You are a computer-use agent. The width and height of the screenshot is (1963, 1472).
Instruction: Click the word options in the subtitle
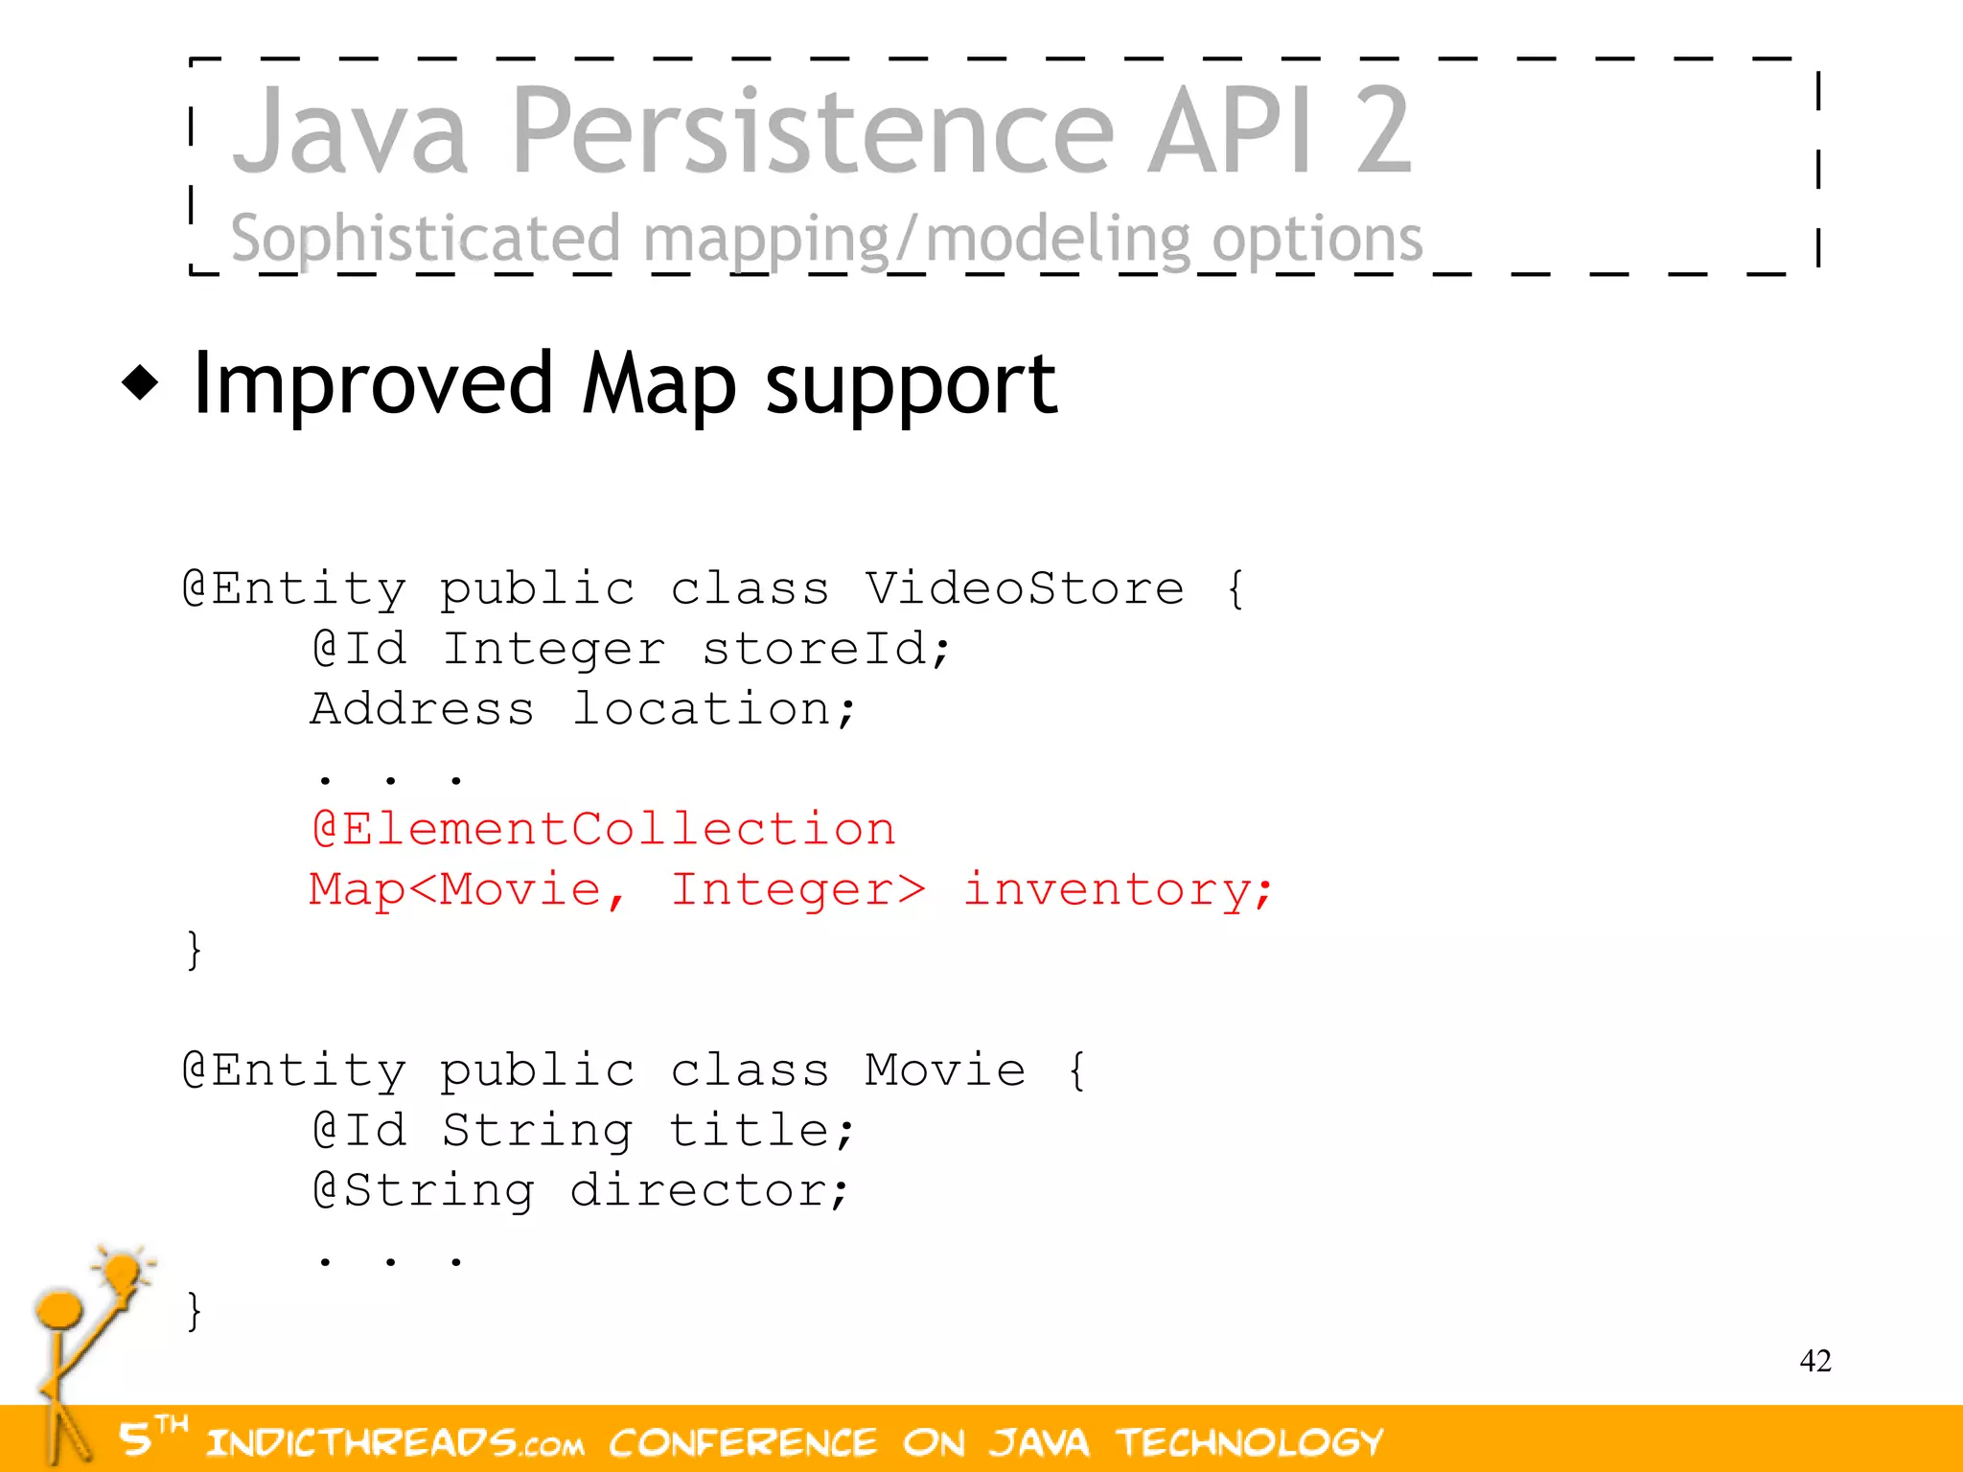pos(1317,240)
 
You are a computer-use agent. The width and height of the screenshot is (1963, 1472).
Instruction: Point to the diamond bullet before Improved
pos(141,383)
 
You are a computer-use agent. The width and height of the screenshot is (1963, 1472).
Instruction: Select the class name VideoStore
pos(1025,588)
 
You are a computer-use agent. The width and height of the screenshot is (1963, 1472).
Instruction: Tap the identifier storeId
pos(825,649)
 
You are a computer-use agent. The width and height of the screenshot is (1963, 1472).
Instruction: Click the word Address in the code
pos(422,709)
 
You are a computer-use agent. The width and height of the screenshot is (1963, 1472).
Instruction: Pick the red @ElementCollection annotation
pos(604,829)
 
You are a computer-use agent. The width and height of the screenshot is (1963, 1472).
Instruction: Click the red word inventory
pos(1117,889)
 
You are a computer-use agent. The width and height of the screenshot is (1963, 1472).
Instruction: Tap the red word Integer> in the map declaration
pos(797,889)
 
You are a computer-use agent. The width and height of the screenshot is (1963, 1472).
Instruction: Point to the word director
pos(708,1190)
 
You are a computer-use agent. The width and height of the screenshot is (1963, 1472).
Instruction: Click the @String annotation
pos(424,1190)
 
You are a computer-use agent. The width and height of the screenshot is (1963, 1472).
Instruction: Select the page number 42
pos(1815,1361)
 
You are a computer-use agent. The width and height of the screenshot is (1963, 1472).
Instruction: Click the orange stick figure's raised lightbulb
pos(123,1273)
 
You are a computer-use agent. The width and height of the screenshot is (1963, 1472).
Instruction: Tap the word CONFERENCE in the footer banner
pos(743,1442)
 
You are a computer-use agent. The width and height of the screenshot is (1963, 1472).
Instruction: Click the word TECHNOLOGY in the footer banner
pos(1250,1442)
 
